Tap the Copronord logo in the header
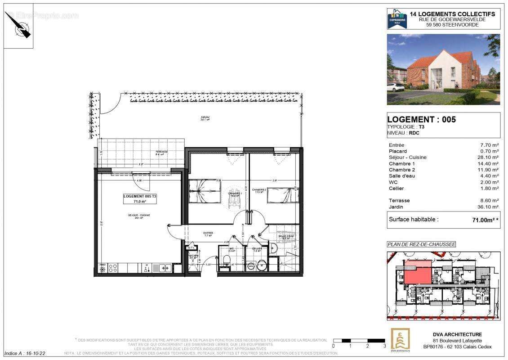coord(397,19)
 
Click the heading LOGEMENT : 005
coord(421,119)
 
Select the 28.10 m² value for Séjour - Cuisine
coord(489,157)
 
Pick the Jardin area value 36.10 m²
coord(489,207)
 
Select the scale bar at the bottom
coord(359,341)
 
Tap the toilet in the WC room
coord(227,259)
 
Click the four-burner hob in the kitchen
coord(113,268)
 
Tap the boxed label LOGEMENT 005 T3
coord(140,199)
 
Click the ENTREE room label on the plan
coord(208,234)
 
